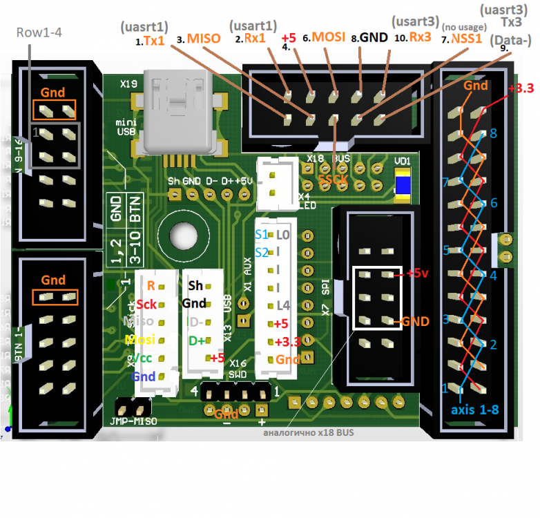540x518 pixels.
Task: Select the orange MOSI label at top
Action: [x=329, y=37]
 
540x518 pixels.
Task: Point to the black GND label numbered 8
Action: [x=372, y=39]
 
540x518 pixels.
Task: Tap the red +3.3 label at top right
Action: [x=520, y=88]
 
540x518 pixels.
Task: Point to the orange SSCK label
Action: [x=334, y=180]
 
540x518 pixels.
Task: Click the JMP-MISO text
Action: [x=133, y=421]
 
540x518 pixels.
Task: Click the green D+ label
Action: [x=197, y=340]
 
